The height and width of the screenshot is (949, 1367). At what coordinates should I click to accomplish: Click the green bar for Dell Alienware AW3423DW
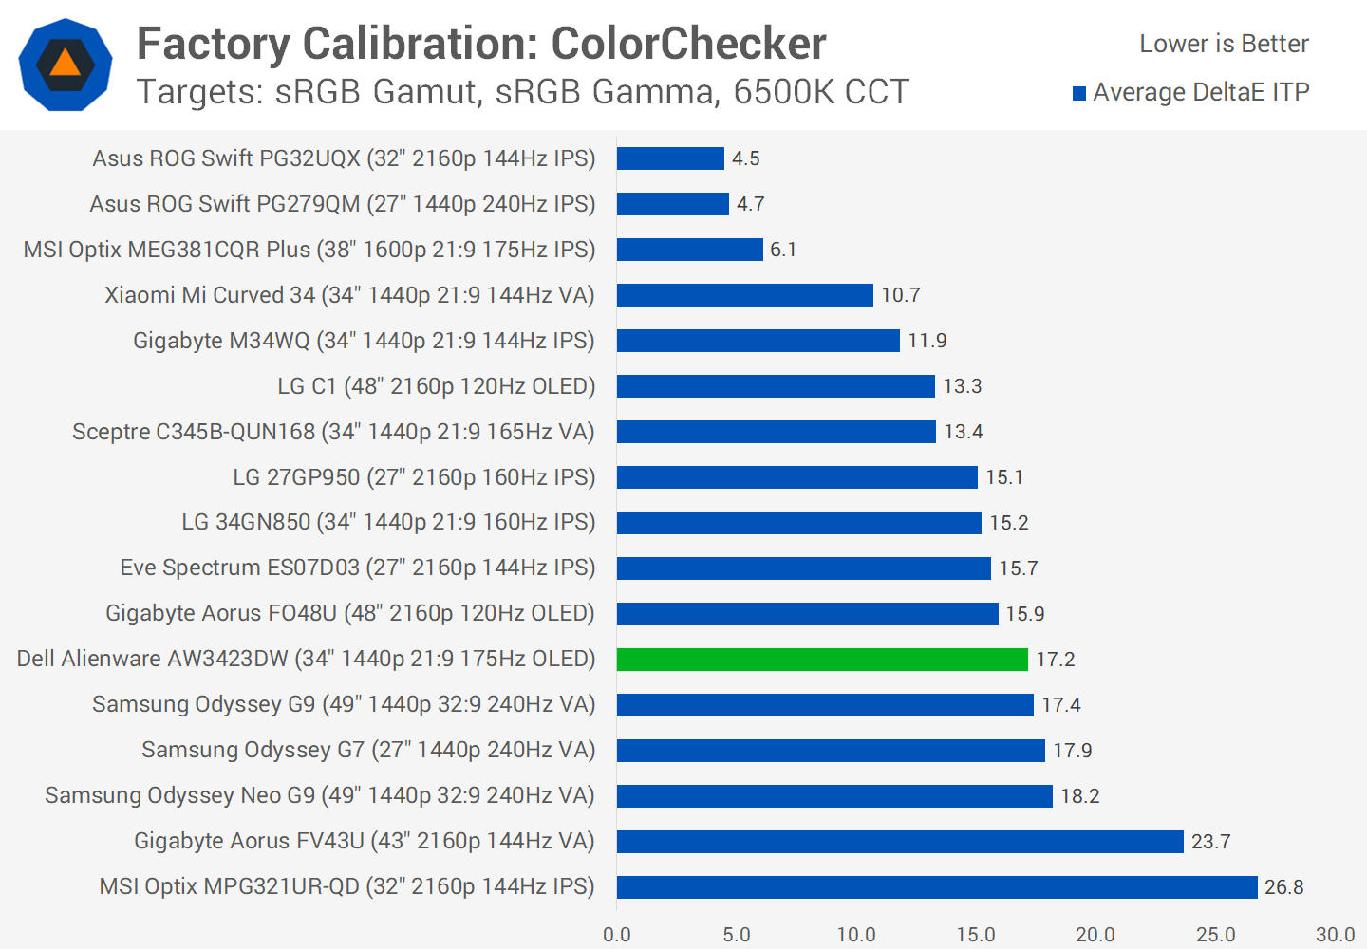pyautogui.click(x=822, y=660)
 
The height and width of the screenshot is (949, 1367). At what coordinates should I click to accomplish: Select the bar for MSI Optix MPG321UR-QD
pyautogui.click(x=937, y=887)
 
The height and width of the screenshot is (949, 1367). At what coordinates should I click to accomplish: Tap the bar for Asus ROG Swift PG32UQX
pyautogui.click(x=670, y=158)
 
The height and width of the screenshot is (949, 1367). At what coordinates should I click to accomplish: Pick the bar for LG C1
pyautogui.click(x=776, y=386)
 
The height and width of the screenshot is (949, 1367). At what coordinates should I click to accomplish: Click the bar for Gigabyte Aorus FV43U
pyautogui.click(x=900, y=842)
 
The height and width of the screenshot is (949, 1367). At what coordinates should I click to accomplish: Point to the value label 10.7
pyautogui.click(x=901, y=295)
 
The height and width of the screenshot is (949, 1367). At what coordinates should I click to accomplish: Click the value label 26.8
pyautogui.click(x=1284, y=887)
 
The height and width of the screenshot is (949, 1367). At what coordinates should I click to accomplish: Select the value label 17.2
pyautogui.click(x=1056, y=660)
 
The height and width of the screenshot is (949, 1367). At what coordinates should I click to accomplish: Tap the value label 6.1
pyautogui.click(x=783, y=250)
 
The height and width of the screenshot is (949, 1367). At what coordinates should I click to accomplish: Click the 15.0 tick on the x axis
pyautogui.click(x=976, y=935)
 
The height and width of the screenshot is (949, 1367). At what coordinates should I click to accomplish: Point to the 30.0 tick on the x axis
pyautogui.click(x=1335, y=935)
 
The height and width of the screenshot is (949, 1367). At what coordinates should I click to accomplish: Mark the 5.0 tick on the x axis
pyautogui.click(x=737, y=935)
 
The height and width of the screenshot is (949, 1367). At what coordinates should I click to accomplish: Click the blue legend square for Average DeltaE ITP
pyautogui.click(x=1079, y=93)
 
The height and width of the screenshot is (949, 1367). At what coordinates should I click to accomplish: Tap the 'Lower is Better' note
pyautogui.click(x=1224, y=44)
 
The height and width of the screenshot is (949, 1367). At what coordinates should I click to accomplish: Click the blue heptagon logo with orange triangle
pyautogui.click(x=66, y=65)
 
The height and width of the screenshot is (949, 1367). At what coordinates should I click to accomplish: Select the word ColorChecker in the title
pyautogui.click(x=688, y=44)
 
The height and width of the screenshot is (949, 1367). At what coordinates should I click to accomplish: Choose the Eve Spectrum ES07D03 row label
pyautogui.click(x=358, y=568)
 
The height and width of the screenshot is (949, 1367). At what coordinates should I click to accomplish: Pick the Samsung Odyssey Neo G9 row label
pyautogui.click(x=320, y=795)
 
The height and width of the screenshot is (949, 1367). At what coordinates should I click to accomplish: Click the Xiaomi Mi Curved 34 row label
pyautogui.click(x=349, y=295)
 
